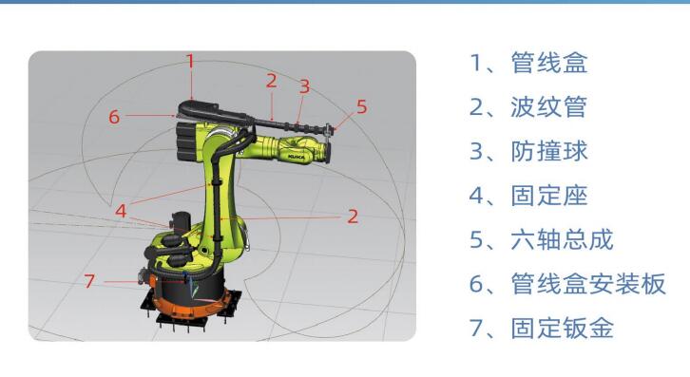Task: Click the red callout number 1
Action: point(190,61)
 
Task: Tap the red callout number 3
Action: point(304,86)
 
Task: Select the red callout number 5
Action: point(361,107)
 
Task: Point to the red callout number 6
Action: point(114,117)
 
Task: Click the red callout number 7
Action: point(89,281)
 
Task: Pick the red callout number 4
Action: point(121,211)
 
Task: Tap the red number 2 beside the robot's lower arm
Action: point(353,217)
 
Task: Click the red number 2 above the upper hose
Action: point(272,81)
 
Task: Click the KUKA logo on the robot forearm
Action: point(297,157)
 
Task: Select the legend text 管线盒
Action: point(549,63)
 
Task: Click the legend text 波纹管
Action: point(549,107)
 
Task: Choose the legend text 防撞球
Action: point(549,151)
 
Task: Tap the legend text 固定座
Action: point(549,196)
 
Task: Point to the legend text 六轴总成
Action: point(562,239)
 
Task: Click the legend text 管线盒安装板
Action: point(588,284)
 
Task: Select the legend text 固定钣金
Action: point(562,329)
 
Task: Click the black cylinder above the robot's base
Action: point(180,222)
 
